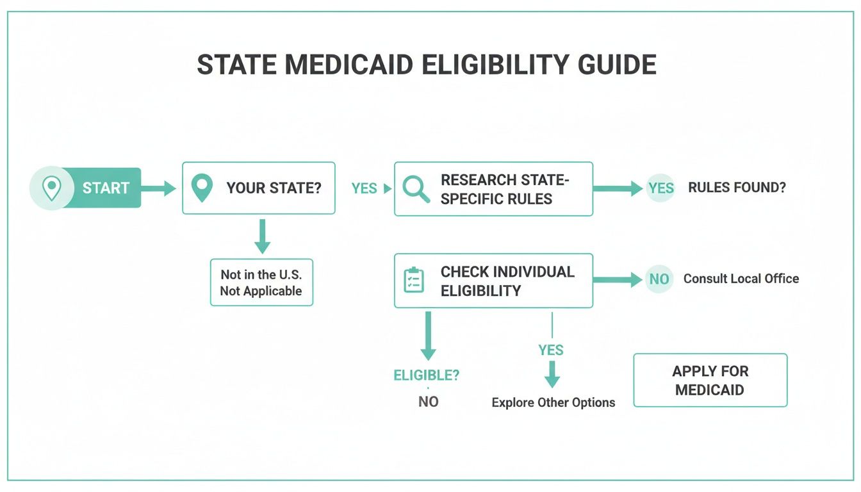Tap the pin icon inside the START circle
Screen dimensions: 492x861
pos(51,188)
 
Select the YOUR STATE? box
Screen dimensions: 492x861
pos(259,188)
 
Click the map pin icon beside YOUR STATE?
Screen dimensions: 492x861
pos(202,188)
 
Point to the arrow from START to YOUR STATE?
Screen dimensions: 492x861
pos(158,188)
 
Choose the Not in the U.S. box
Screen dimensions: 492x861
pos(261,283)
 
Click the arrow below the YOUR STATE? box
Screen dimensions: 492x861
pos(262,236)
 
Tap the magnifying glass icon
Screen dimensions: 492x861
pos(416,189)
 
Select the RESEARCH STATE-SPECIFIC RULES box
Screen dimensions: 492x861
pos(493,189)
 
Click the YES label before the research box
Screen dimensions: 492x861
pos(364,188)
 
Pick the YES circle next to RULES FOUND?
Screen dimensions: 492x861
pos(660,188)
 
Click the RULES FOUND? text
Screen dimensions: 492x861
pos(737,188)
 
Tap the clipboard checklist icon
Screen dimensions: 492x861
pos(414,281)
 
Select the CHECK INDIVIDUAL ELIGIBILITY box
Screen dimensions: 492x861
pos(493,281)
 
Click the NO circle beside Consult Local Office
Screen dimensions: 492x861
pos(659,279)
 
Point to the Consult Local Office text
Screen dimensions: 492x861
pos(741,279)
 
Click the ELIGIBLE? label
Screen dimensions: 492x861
pos(426,375)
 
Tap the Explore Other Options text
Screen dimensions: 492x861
pos(553,403)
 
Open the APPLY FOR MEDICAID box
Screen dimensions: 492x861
pos(710,381)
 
